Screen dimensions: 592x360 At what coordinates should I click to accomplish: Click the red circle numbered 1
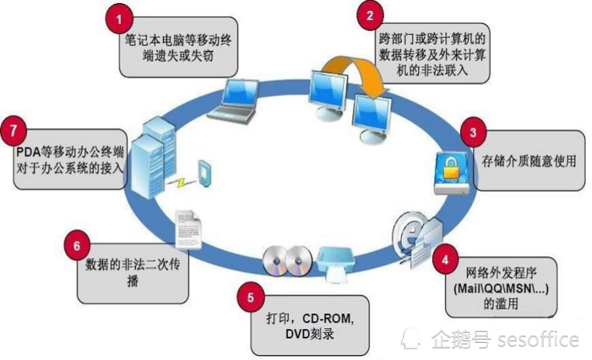click(x=119, y=19)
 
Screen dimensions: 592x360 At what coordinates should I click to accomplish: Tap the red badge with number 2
click(x=370, y=16)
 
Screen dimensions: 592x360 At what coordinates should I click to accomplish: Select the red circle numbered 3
click(x=473, y=133)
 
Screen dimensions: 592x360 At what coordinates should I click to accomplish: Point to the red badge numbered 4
click(x=445, y=260)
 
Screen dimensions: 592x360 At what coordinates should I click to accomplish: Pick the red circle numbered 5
click(x=251, y=297)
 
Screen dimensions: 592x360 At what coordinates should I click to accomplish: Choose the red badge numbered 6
click(x=77, y=246)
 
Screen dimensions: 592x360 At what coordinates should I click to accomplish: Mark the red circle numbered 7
click(x=14, y=131)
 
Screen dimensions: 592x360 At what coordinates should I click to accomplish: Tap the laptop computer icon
click(x=235, y=101)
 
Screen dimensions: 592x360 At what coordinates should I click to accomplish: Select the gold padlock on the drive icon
click(x=451, y=168)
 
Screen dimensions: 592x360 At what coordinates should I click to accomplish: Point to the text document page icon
click(x=189, y=230)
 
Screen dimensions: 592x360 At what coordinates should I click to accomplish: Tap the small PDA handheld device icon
click(x=204, y=173)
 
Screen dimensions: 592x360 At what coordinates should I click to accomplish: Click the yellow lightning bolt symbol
click(x=182, y=182)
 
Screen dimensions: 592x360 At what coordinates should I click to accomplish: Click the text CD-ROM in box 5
click(x=328, y=319)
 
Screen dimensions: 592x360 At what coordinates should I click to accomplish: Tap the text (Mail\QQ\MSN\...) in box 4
click(x=501, y=289)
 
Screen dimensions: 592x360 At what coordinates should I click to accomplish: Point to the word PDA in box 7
click(x=28, y=152)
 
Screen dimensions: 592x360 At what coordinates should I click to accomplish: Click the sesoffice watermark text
click(x=538, y=339)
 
